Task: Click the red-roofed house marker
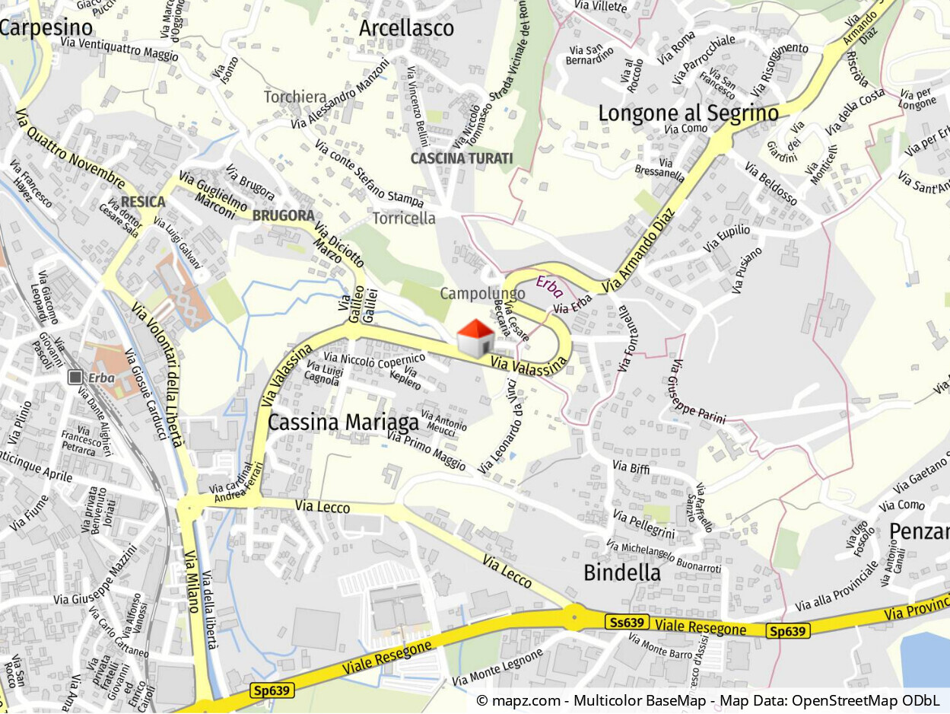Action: pyautogui.click(x=475, y=338)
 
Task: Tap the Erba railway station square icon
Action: pyautogui.click(x=75, y=378)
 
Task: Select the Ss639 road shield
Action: pyautogui.click(x=628, y=622)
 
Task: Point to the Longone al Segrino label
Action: pyautogui.click(x=688, y=113)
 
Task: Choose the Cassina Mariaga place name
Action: pyautogui.click(x=343, y=422)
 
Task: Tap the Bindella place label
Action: pyautogui.click(x=621, y=573)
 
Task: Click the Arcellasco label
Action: pyautogui.click(x=406, y=28)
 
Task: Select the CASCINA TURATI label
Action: pyautogui.click(x=462, y=158)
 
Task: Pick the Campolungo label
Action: pyautogui.click(x=482, y=293)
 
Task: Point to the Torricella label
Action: pyautogui.click(x=404, y=218)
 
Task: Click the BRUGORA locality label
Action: pyautogui.click(x=284, y=215)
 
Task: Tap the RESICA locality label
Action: pyautogui.click(x=143, y=202)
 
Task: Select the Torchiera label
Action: pyautogui.click(x=295, y=97)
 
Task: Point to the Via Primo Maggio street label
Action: pyautogui.click(x=426, y=450)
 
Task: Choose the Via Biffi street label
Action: pyautogui.click(x=631, y=467)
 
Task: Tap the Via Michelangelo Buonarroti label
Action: pyautogui.click(x=663, y=556)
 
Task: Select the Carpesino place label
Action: pyautogui.click(x=46, y=28)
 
